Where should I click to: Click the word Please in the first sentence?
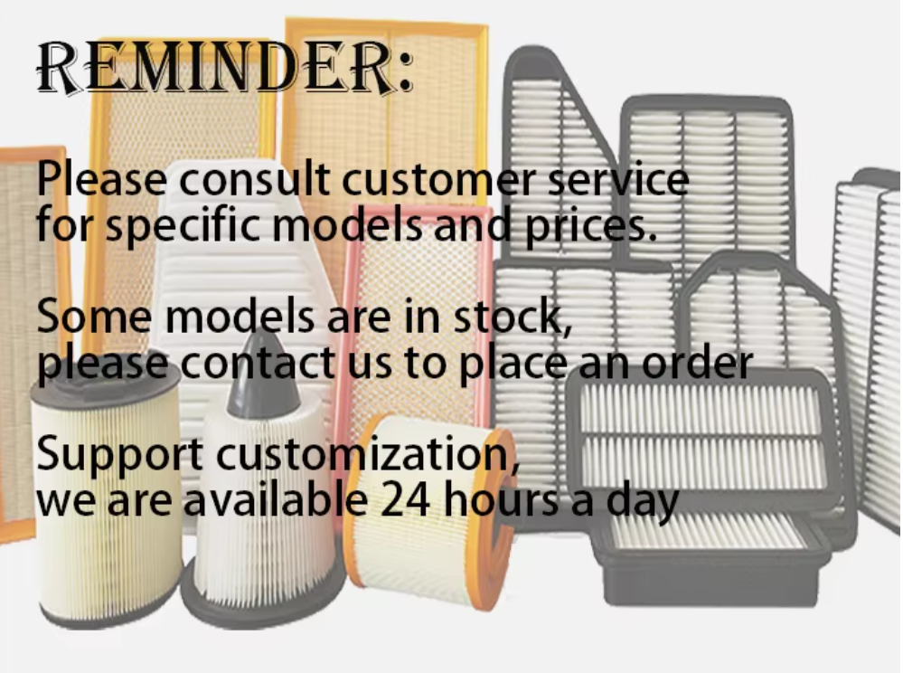(102, 178)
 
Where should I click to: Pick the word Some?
(94, 317)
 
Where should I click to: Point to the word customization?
(366, 455)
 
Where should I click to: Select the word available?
(276, 500)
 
